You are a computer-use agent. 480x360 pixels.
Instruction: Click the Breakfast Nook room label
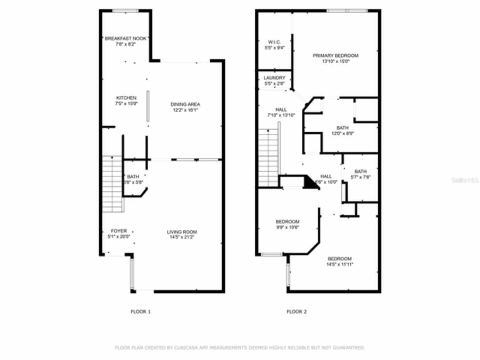click(125, 39)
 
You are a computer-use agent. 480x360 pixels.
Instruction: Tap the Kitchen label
click(126, 98)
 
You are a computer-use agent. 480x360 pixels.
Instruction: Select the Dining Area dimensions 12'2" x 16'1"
click(185, 110)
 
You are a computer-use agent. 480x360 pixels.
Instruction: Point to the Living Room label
click(182, 232)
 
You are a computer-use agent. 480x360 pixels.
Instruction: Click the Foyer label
click(119, 231)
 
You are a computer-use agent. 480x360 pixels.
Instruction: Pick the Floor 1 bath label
click(133, 177)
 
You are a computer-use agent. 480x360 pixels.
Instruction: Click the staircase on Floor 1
click(112, 184)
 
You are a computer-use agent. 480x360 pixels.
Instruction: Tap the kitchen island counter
click(148, 106)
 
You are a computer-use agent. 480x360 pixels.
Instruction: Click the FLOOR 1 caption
click(141, 312)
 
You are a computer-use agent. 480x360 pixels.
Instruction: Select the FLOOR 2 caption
click(297, 312)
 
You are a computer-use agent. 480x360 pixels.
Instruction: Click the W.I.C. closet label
click(274, 42)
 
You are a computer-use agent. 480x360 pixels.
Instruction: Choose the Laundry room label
click(274, 78)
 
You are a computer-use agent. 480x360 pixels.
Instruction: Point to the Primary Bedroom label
click(336, 55)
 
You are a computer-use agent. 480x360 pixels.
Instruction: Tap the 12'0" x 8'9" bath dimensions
click(342, 133)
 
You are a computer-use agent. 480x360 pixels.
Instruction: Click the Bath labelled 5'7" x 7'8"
click(360, 172)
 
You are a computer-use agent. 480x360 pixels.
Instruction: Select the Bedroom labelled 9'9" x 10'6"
click(288, 222)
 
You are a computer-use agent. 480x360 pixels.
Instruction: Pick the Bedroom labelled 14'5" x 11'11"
click(340, 259)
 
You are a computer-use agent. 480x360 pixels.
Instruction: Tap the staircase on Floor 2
click(269, 157)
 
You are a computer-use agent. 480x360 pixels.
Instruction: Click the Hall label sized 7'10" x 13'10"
click(281, 110)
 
